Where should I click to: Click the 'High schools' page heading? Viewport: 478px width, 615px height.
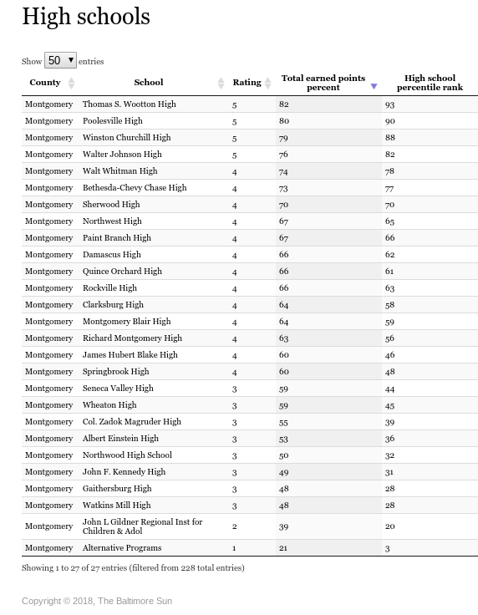[86, 17]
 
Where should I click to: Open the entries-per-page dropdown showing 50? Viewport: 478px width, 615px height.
[60, 60]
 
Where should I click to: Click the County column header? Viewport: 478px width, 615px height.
[45, 83]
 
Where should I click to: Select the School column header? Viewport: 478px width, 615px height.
[149, 83]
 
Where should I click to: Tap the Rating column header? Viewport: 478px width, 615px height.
[247, 83]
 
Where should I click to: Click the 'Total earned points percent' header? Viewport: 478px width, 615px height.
[323, 83]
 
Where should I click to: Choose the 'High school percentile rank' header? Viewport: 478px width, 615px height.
[430, 83]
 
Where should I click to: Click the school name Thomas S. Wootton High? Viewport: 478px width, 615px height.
[129, 104]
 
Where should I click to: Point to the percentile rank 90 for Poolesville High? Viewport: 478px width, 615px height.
[390, 121]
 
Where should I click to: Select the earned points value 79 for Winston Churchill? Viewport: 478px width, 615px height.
[284, 138]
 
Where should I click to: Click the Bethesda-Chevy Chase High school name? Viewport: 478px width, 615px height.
[135, 188]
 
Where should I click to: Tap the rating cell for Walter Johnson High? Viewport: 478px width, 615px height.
[235, 155]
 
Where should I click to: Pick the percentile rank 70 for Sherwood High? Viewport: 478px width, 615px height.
[390, 205]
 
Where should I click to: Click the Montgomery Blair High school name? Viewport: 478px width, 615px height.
[126, 322]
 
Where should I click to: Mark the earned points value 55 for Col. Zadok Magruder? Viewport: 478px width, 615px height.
[284, 422]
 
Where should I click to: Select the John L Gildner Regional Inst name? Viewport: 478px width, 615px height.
[142, 526]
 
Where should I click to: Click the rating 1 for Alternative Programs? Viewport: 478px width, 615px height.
[235, 548]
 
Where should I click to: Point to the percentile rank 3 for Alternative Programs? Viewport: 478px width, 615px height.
[388, 548]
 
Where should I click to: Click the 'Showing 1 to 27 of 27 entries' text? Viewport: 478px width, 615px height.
[133, 568]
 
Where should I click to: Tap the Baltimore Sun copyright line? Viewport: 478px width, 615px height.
[97, 601]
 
